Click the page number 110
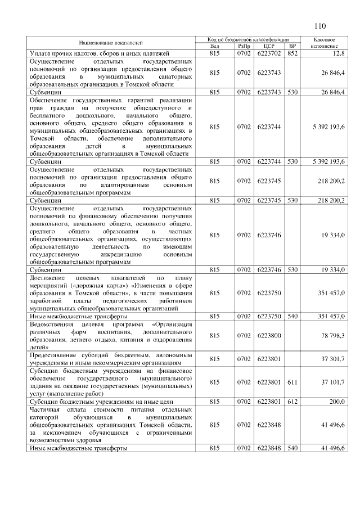(321, 25)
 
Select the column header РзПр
(244, 46)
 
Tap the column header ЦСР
(268, 46)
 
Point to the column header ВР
(292, 46)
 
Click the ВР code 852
(292, 53)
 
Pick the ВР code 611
(292, 382)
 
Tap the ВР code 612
(292, 402)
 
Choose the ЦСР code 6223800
(268, 336)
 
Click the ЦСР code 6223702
(268, 53)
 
